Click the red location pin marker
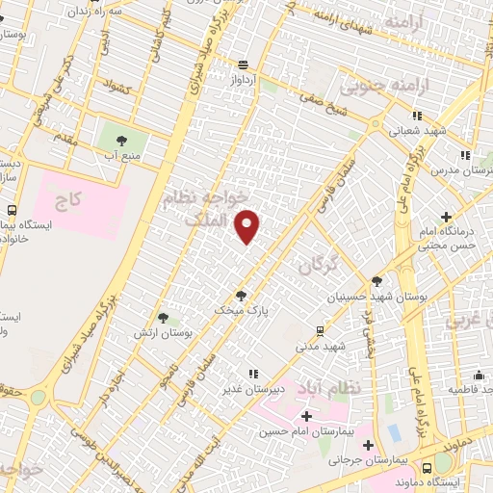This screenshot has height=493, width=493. click(248, 225)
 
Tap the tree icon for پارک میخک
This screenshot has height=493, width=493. click(241, 296)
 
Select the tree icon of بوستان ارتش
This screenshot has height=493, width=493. click(163, 317)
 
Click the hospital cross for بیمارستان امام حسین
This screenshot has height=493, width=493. click(306, 417)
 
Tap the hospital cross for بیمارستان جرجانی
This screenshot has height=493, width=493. click(369, 445)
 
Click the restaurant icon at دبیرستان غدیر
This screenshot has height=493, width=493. click(252, 374)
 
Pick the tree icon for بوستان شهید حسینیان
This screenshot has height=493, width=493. click(376, 282)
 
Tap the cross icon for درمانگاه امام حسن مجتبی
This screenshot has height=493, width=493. click(446, 218)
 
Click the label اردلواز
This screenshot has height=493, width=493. click(244, 81)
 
